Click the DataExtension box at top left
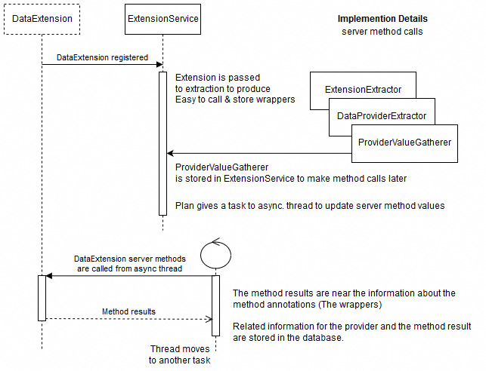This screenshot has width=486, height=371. (42, 19)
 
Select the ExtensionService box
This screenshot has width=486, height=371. (163, 19)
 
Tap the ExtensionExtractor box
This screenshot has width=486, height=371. (363, 90)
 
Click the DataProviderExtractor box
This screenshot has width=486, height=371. (382, 115)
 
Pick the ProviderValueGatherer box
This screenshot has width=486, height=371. (404, 142)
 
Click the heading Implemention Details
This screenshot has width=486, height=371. (382, 18)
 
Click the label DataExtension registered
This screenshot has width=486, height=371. (102, 57)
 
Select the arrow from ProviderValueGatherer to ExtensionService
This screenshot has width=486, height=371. (257, 154)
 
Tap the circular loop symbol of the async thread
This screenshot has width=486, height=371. (215, 252)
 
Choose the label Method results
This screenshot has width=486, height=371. (128, 311)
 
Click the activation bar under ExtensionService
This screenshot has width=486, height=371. (163, 143)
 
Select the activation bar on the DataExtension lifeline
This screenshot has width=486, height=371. (42, 297)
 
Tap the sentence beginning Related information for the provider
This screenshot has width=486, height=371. (351, 333)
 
